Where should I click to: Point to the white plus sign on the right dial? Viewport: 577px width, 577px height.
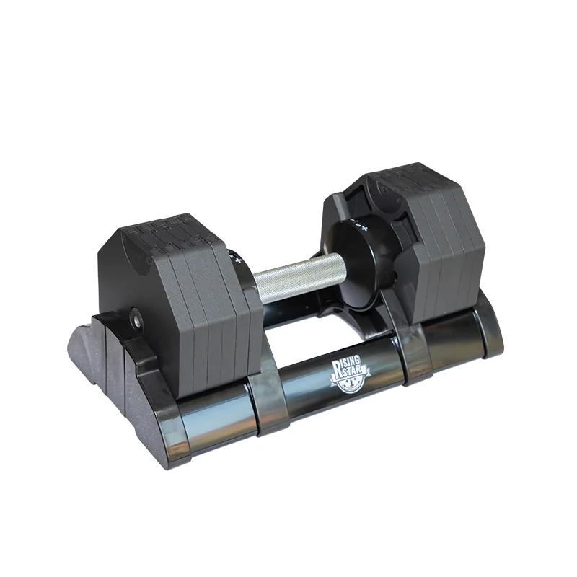[x=365, y=226]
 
